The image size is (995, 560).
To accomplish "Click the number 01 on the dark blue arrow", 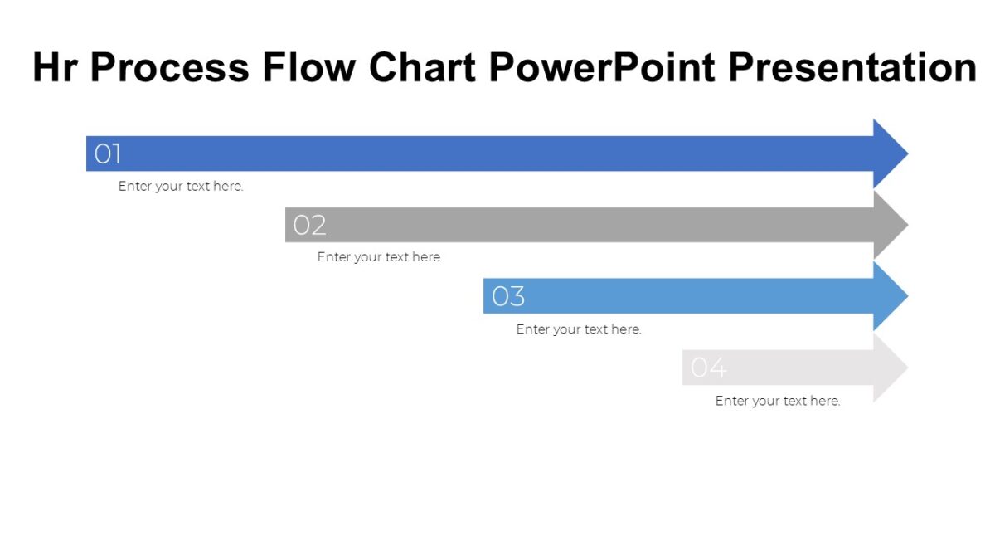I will click(108, 153).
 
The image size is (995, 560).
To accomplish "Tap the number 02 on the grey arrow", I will click(309, 225).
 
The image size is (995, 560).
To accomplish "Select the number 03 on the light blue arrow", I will click(508, 296).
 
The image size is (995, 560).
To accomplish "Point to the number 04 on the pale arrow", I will click(709, 368).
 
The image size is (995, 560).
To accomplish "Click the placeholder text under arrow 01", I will click(181, 187).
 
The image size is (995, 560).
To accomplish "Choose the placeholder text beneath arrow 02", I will click(380, 257).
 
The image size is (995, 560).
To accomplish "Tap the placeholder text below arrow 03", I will click(579, 329).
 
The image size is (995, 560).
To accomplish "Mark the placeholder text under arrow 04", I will click(778, 401).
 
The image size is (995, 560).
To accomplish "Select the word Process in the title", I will click(169, 68).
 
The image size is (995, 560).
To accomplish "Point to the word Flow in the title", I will click(310, 68).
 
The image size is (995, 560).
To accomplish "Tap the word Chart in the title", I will click(423, 68).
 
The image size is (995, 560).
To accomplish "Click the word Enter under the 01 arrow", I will click(134, 187).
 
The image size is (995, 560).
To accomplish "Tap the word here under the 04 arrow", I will click(825, 401).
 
